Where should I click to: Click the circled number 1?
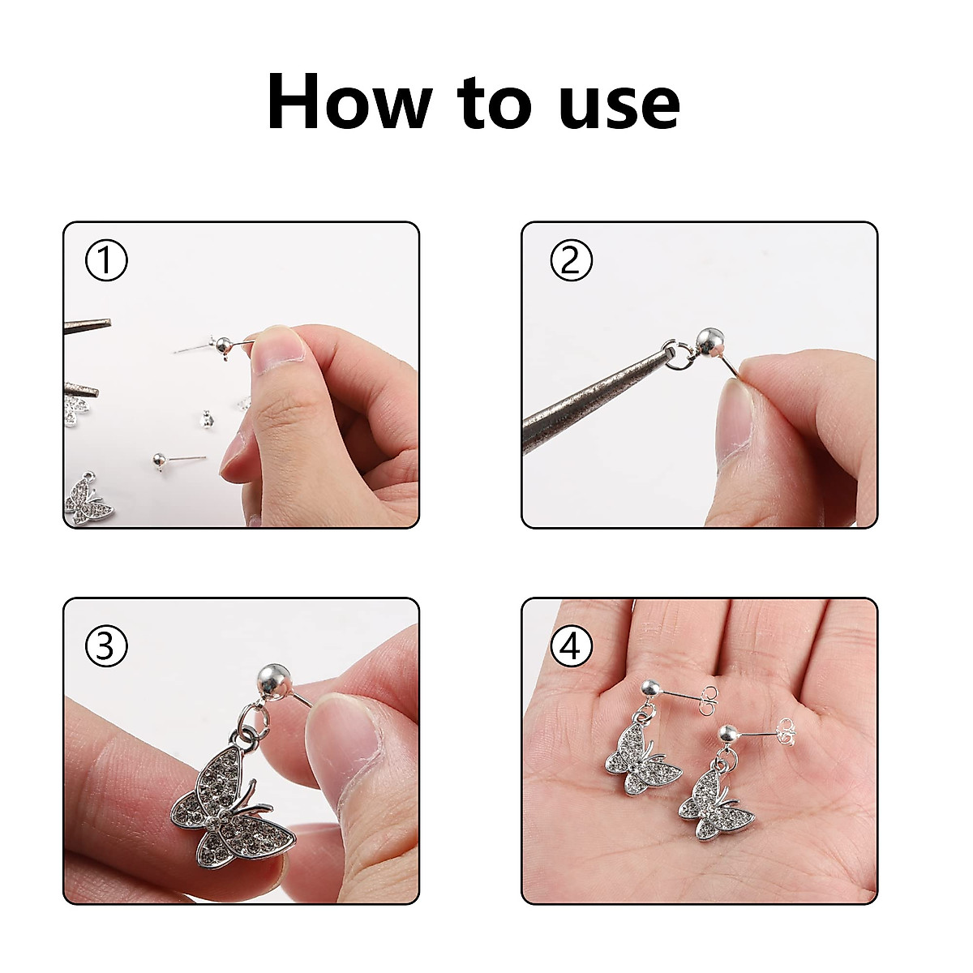click(106, 261)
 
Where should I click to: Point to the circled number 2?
click(571, 261)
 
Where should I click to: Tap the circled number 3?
click(106, 646)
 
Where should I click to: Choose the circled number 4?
click(571, 646)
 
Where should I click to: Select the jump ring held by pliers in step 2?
click(675, 354)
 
